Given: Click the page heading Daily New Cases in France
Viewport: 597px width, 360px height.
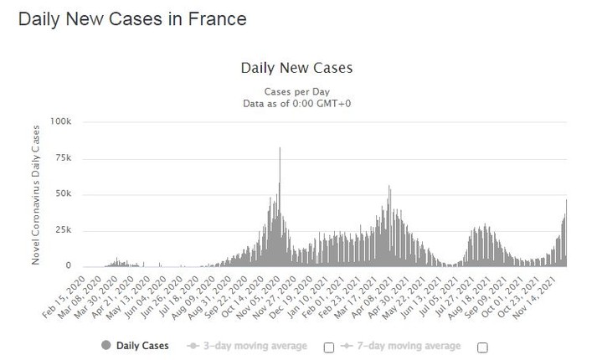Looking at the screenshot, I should click(132, 18).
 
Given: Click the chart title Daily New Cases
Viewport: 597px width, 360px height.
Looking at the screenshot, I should click(296, 68).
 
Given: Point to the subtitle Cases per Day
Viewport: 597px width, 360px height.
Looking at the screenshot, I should click(296, 91).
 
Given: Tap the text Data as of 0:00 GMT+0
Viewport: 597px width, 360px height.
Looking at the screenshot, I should click(296, 104).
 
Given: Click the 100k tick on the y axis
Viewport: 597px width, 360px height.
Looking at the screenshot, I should click(61, 121).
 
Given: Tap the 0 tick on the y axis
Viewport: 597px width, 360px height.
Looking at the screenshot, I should click(70, 266).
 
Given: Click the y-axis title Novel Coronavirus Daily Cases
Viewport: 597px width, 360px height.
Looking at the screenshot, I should click(36, 193).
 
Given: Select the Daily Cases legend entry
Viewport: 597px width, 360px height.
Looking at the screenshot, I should click(141, 345).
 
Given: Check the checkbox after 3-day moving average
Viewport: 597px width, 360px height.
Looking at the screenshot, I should click(329, 347).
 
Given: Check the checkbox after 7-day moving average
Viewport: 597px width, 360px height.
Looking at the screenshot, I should click(481, 347).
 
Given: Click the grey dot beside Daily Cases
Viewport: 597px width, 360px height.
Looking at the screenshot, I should click(106, 345).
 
